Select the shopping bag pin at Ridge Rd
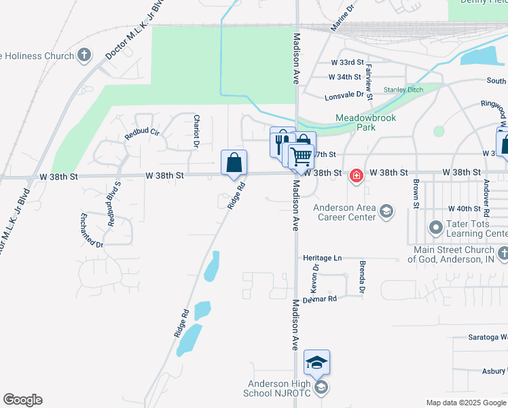(x=234, y=163)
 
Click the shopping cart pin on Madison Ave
(x=301, y=157)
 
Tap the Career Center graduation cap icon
(x=386, y=211)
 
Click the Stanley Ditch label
(x=403, y=90)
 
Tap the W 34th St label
(x=344, y=78)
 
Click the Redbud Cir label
(x=141, y=133)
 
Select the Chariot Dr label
(x=196, y=131)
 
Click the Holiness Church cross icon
(x=84, y=55)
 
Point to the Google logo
(x=22, y=400)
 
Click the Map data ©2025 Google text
(x=465, y=403)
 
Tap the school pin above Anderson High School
(x=316, y=362)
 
